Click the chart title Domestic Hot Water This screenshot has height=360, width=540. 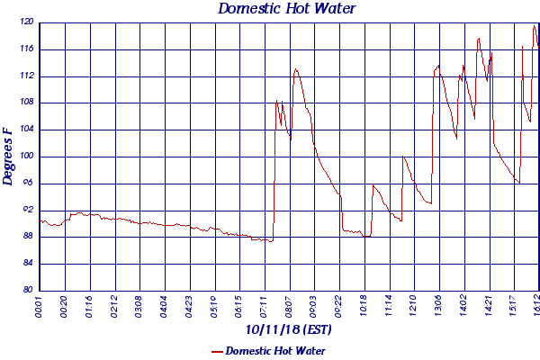tap(287, 9)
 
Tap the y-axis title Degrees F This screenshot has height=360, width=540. tap(8, 156)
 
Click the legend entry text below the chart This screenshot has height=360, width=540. tap(275, 351)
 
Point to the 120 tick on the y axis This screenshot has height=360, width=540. tap(26, 22)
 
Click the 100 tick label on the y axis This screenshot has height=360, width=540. tap(26, 156)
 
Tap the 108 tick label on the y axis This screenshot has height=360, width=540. tap(26, 103)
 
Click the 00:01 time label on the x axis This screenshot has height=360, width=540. tap(40, 306)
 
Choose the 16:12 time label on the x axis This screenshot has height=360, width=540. tap(537, 306)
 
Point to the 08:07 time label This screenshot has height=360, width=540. tap(289, 306)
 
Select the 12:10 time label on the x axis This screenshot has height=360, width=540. tap(413, 306)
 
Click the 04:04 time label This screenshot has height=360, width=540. tap(165, 306)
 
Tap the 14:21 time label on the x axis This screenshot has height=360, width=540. tap(488, 306)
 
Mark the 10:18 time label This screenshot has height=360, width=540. tap(364, 306)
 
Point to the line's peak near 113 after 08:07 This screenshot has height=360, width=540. tap(295, 68)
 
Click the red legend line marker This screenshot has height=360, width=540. tap(216, 351)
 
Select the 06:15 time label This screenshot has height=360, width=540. tap(239, 306)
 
